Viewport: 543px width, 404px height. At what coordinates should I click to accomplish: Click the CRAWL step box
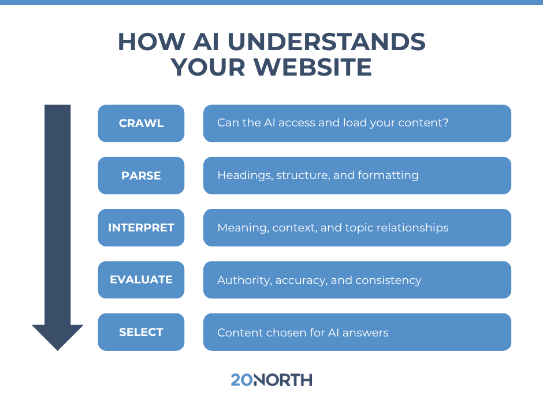click(x=141, y=124)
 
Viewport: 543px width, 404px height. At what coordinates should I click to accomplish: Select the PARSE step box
click(x=141, y=175)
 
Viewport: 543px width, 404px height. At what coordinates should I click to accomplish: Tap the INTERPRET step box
click(x=141, y=227)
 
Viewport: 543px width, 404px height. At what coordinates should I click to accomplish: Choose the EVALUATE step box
click(x=141, y=280)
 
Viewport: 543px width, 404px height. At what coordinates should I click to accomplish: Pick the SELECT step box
click(x=141, y=332)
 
